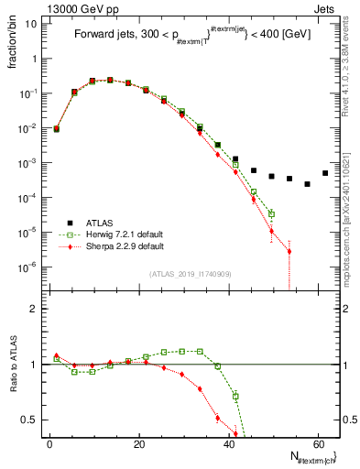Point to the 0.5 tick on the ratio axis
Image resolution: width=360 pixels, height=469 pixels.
click(x=30, y=420)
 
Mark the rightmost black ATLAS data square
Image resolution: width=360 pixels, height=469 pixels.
click(x=325, y=173)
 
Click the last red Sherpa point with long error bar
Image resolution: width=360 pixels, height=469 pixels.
click(x=289, y=251)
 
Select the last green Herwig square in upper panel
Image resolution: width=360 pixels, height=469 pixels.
click(x=271, y=214)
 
